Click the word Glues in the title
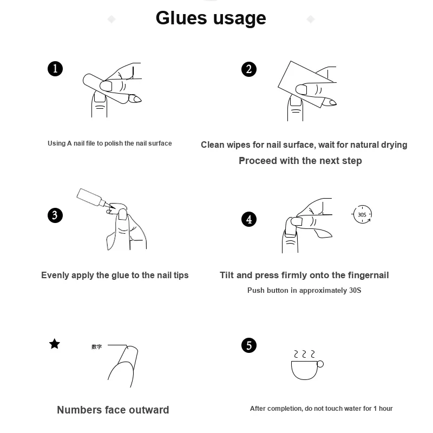click(181, 18)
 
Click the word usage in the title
click(240, 19)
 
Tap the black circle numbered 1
click(55, 69)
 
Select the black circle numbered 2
click(249, 69)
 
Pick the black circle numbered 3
click(55, 215)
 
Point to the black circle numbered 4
click(249, 219)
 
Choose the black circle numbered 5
click(249, 345)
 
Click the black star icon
click(55, 344)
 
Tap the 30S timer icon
click(362, 214)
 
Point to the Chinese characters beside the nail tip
click(97, 346)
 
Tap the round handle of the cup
click(320, 364)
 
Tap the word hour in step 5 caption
click(385, 409)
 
